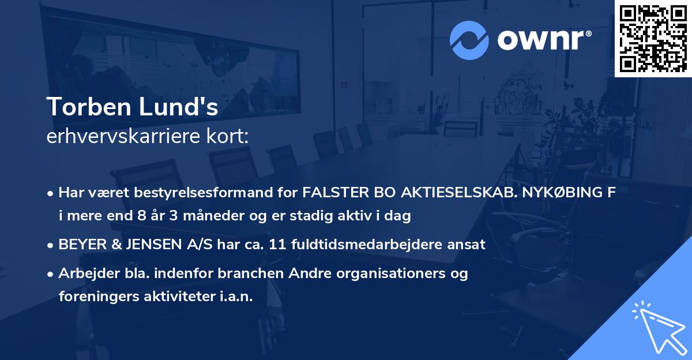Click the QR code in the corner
653,38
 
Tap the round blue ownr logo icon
469,39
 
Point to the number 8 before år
137,216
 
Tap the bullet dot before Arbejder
51,273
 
